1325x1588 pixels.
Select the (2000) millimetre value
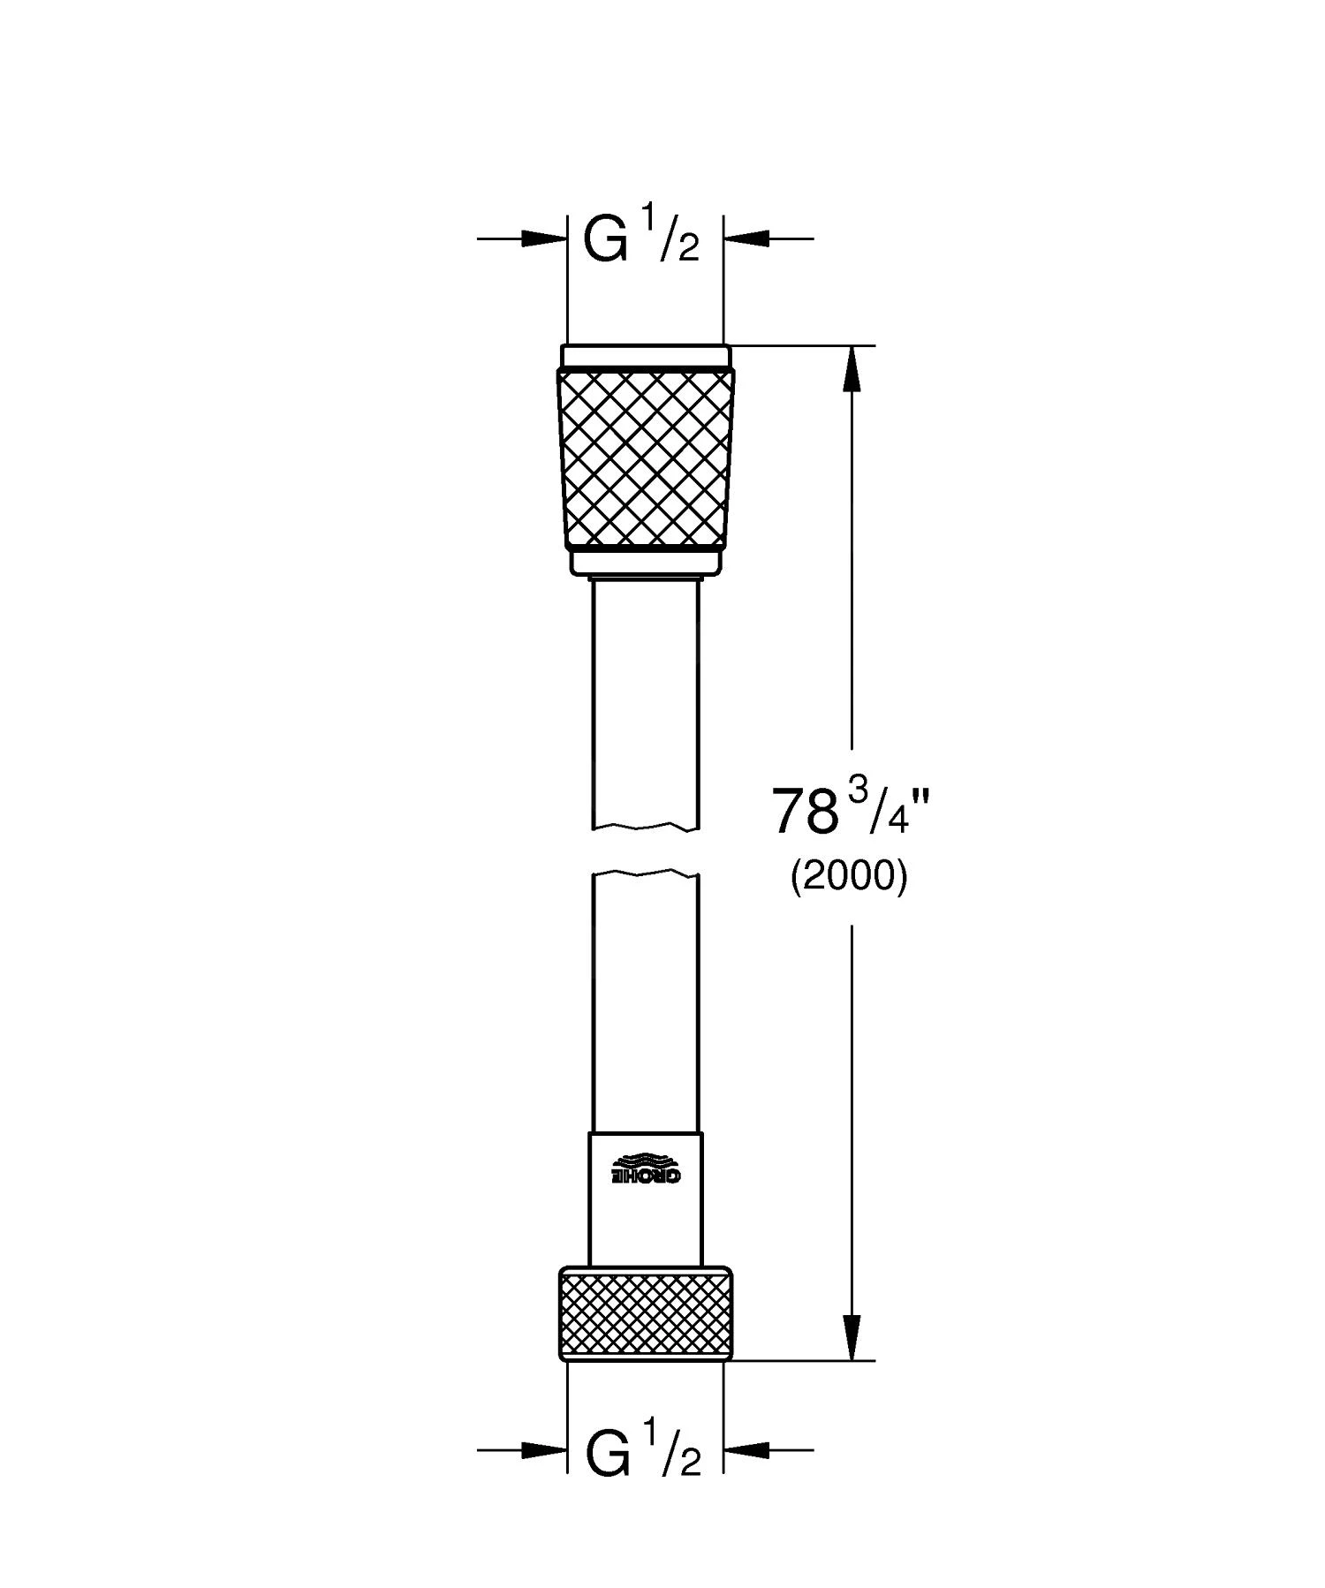848,878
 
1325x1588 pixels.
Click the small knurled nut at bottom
645,1313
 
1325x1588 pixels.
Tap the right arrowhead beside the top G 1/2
747,238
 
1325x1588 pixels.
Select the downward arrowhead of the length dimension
852,1338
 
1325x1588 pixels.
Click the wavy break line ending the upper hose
645,828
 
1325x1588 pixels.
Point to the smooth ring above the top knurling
645,355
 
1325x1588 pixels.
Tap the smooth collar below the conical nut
645,562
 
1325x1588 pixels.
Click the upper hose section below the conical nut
645,698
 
